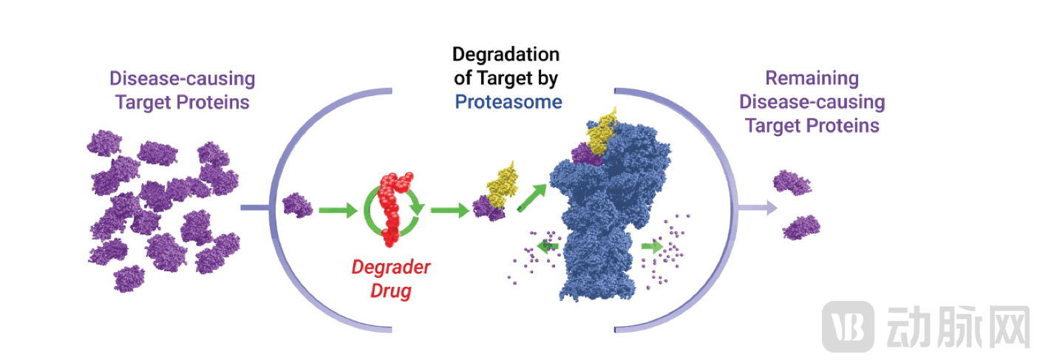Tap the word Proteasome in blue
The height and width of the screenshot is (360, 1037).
[509, 101]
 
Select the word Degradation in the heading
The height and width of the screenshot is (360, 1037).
[506, 55]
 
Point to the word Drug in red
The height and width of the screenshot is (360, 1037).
[391, 290]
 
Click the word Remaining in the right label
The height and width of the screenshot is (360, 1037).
[812, 78]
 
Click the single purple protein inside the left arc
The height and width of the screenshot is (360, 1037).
[297, 205]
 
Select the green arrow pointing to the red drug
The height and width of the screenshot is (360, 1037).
[338, 211]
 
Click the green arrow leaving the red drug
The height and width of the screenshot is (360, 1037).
[449, 211]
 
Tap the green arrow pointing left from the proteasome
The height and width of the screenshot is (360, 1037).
[548, 249]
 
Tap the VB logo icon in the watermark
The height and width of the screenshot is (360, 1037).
[849, 325]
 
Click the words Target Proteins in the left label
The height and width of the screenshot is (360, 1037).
[182, 102]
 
